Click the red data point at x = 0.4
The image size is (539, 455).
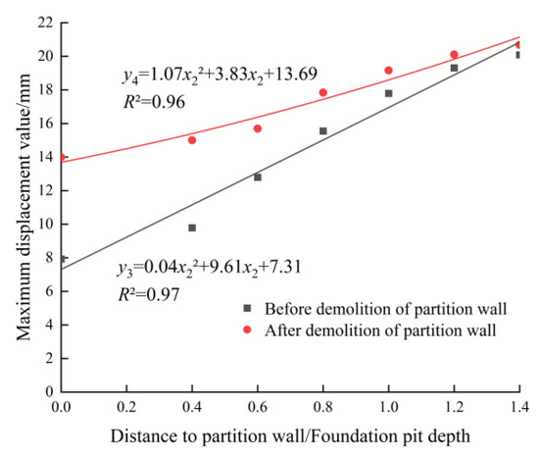point(192,140)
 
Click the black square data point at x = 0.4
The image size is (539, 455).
point(192,227)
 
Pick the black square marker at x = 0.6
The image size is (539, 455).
point(258,177)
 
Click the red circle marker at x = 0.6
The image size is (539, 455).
point(258,128)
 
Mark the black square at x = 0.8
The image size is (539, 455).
point(323,130)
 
